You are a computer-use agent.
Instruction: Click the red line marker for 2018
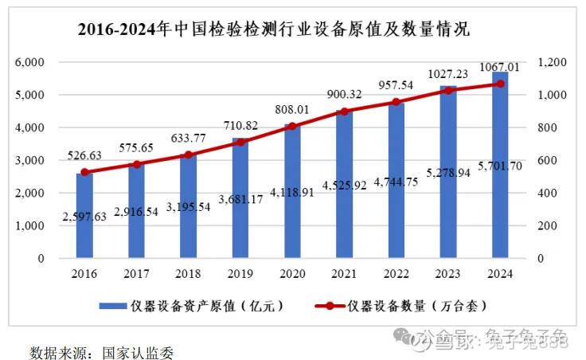tap(189, 155)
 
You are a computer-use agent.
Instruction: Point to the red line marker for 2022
tap(396, 102)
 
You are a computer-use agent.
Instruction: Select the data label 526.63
tap(84, 156)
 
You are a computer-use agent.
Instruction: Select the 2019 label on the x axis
tap(240, 274)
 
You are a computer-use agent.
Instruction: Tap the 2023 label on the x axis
tap(447, 274)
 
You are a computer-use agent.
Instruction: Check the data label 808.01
tap(292, 108)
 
